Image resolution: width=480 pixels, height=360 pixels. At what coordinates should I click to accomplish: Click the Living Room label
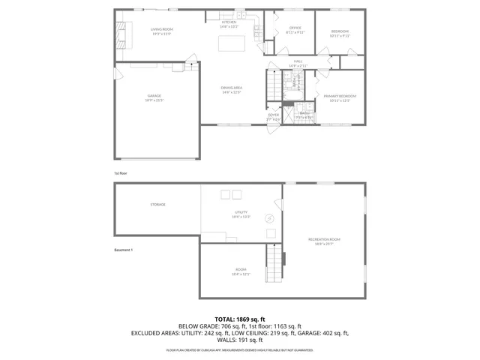pos(162,31)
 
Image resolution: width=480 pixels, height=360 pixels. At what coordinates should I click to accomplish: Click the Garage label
pos(154,97)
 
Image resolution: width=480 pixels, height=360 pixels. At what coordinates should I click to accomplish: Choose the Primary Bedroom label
pos(340,97)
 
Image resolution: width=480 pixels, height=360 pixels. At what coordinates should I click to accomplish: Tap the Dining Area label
pos(230,89)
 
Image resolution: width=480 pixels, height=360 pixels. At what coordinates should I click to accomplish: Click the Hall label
pos(298,63)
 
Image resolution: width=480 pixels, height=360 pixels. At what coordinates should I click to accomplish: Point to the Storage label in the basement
pos(157,204)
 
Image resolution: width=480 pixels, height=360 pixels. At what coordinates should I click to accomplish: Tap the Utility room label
pos(241,214)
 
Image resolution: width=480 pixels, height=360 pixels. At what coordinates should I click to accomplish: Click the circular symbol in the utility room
pos(269,219)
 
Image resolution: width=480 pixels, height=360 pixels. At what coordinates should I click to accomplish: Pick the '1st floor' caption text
pos(121,173)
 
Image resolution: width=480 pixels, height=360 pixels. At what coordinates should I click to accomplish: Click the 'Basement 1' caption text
pos(122,250)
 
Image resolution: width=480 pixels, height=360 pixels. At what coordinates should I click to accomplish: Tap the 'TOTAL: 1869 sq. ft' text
pos(240,319)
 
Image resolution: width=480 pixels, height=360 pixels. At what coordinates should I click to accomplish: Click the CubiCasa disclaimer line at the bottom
pos(240,349)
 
